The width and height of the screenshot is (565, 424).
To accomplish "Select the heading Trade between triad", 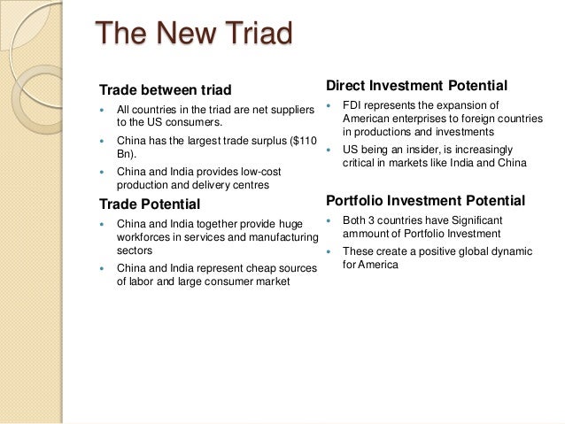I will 165,90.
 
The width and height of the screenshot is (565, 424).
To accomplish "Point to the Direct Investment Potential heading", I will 416,86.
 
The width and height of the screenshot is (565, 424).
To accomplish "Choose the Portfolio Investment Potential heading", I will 425,199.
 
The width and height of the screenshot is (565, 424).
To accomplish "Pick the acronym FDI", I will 353,105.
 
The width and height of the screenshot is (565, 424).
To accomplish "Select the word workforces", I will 144,238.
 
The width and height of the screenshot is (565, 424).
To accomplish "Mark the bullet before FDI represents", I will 330,106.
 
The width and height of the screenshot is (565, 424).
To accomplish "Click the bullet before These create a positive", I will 330,251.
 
